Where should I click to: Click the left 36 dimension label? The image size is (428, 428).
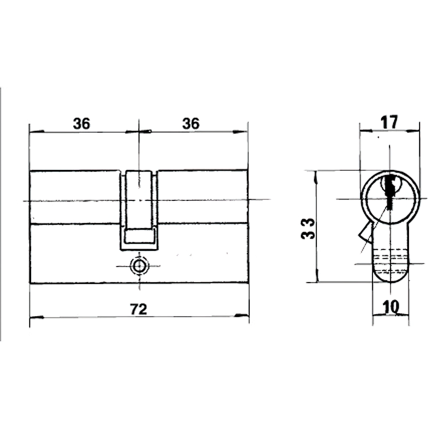(x=81, y=124)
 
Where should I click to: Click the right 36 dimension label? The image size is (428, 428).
(x=191, y=124)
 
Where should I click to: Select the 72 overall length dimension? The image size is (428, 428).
(x=139, y=309)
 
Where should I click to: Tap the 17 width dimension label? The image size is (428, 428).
(x=389, y=122)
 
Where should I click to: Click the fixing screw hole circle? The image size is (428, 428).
(x=139, y=266)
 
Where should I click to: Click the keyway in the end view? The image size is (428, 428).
(x=390, y=188)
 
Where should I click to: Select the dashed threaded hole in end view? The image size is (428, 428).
(x=391, y=257)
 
